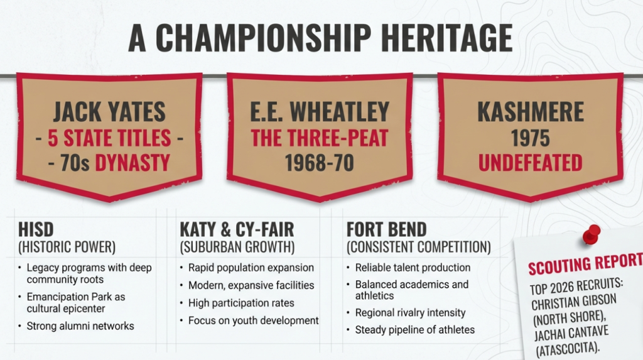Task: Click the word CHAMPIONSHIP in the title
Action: (263, 38)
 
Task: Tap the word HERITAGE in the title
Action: (447, 38)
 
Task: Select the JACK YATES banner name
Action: (109, 111)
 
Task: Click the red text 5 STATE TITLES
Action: (109, 138)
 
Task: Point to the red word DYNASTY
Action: (132, 163)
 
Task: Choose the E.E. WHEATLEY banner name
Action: (320, 111)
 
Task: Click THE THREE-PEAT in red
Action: (320, 138)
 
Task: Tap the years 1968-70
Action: (320, 163)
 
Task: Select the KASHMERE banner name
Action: (531, 111)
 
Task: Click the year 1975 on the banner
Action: (530, 138)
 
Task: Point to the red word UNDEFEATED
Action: (530, 163)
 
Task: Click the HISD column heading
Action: (36, 229)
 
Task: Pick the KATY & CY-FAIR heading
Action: (237, 229)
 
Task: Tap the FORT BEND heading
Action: (387, 229)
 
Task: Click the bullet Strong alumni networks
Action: (80, 326)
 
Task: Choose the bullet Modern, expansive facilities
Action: (251, 285)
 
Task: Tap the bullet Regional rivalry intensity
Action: (410, 313)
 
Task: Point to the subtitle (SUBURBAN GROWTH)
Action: (237, 247)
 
